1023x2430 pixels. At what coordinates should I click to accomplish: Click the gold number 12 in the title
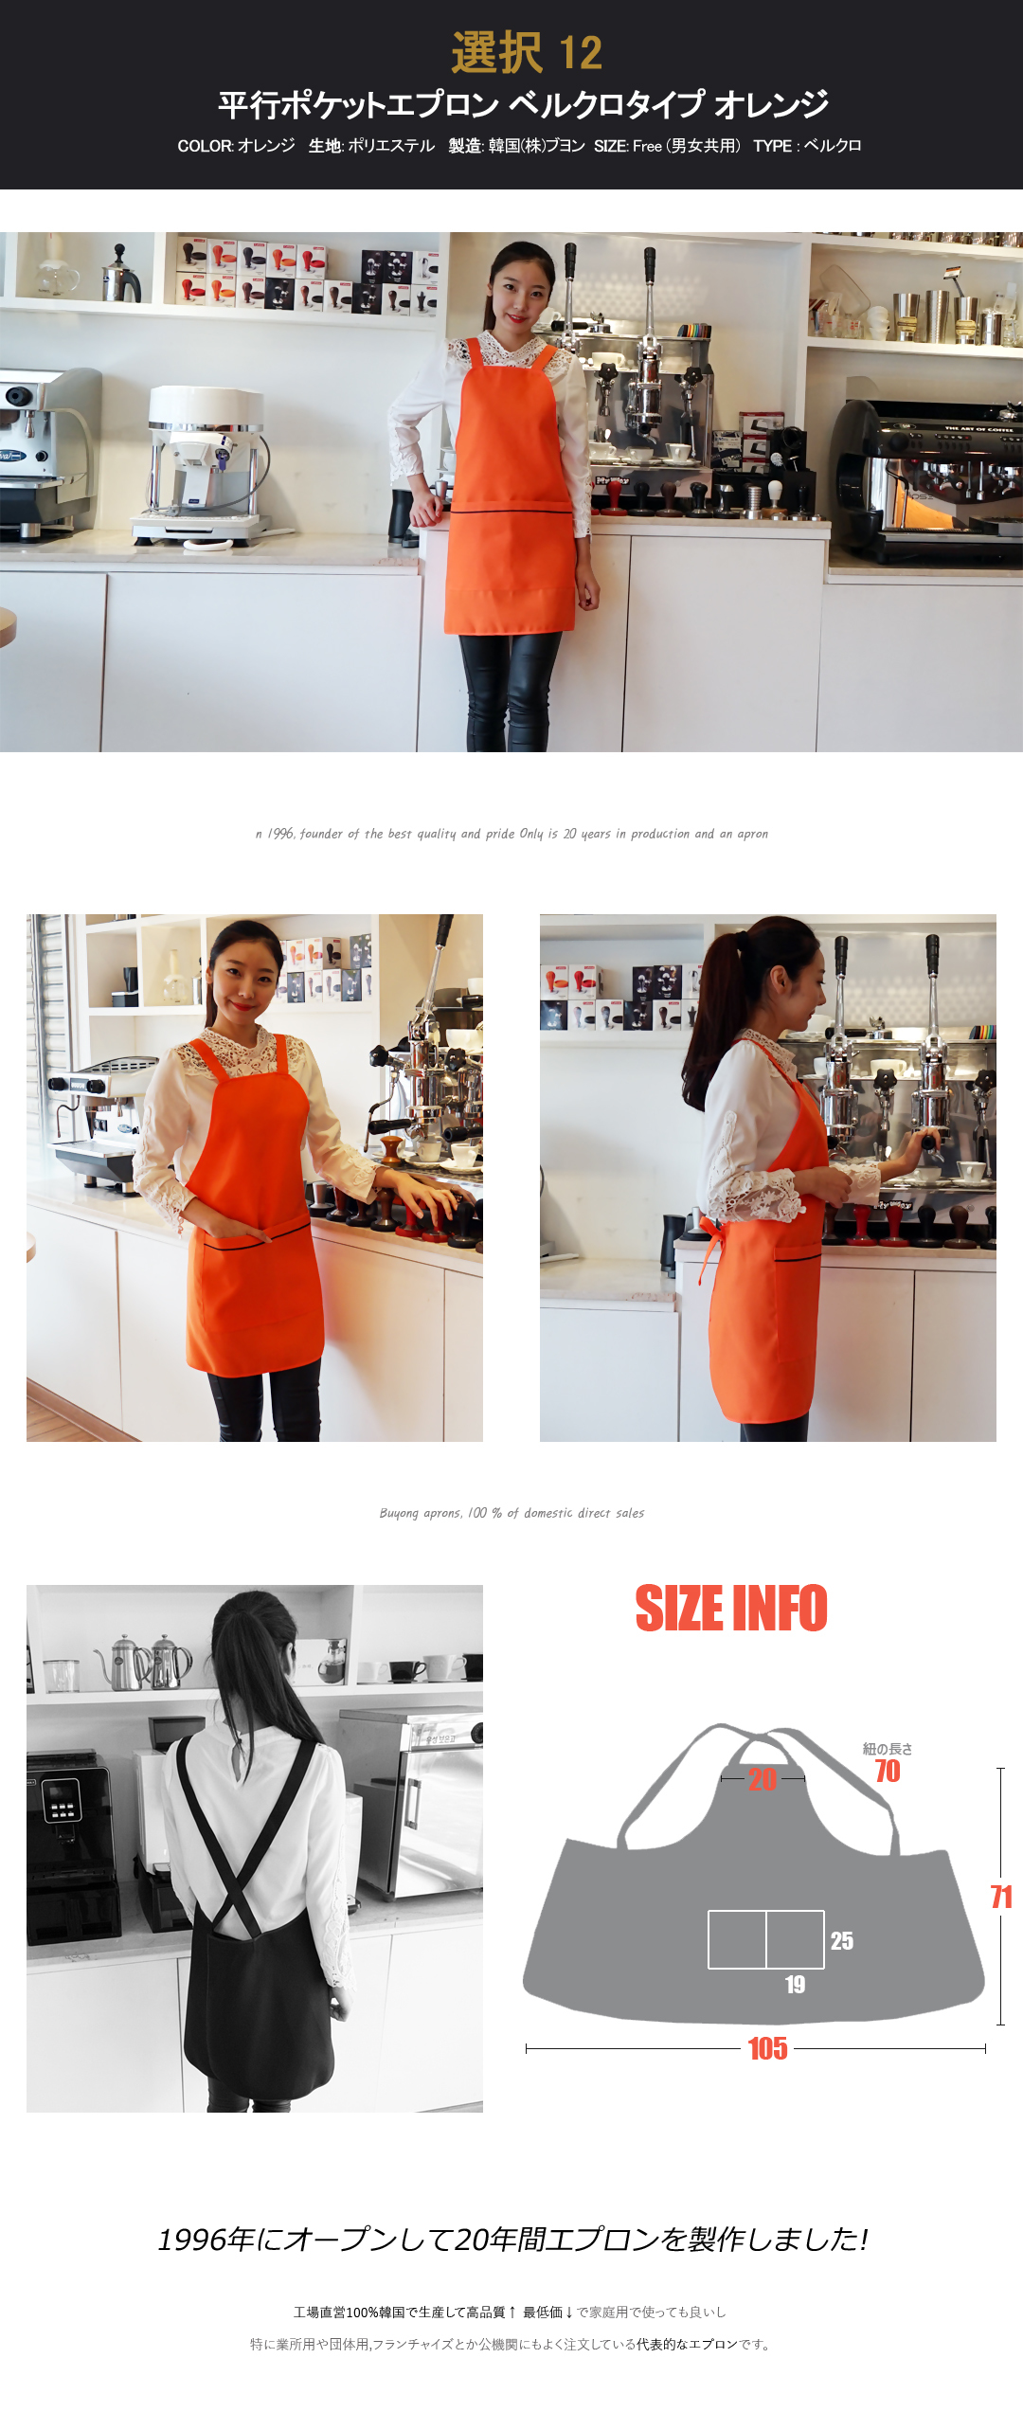coord(581,53)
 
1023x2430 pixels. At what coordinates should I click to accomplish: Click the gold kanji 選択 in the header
coord(496,53)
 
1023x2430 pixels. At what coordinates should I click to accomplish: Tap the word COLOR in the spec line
coord(205,146)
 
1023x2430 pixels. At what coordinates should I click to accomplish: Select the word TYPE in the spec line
coord(773,146)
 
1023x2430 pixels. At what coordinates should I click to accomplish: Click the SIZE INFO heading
coord(731,1609)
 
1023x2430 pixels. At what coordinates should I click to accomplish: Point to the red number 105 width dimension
coord(767,2049)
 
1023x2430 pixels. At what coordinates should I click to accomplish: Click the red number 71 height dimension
coord(1001,1897)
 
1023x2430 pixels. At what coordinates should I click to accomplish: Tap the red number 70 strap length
coord(888,1772)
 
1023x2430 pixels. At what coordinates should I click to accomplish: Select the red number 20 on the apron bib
coord(763,1779)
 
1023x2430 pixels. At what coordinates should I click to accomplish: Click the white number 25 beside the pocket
coord(842,1941)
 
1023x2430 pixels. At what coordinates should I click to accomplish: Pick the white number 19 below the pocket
coord(795,1985)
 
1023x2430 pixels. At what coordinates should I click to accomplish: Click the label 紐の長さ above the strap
coord(888,1749)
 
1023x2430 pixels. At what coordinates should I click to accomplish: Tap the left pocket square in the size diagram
coord(737,1939)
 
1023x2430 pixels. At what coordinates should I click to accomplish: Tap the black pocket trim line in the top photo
coord(511,512)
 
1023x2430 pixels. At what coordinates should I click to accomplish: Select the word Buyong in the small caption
coord(399,1514)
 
